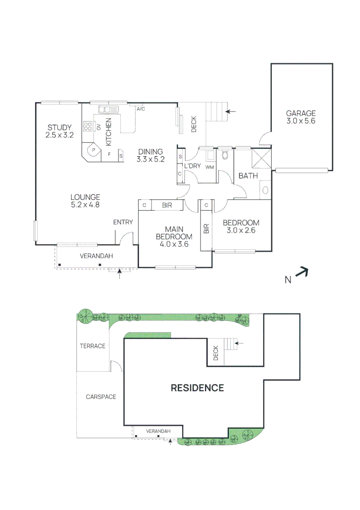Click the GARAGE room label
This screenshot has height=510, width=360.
coord(301,113)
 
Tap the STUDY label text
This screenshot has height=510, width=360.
coord(59,127)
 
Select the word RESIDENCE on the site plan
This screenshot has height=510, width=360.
coord(197,388)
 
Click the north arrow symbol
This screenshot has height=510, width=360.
coord(301,272)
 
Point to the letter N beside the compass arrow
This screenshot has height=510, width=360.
coord(288,280)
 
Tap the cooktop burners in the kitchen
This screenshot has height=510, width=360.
coord(87,126)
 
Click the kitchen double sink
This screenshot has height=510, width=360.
coord(109,109)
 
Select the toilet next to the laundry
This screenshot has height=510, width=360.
coord(225,154)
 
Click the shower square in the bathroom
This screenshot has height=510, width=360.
coord(261,158)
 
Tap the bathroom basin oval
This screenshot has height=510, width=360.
coord(266,190)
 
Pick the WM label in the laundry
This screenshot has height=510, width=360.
coord(209,167)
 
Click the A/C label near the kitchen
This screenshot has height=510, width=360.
coord(141,109)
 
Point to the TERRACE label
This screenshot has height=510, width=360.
coord(92,346)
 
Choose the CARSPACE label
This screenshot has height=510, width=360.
coord(100,397)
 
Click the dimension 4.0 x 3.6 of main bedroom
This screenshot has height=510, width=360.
coord(174,244)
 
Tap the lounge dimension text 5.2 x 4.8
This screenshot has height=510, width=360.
coord(85,204)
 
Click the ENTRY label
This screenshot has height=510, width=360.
coord(123,222)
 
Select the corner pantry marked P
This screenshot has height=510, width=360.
coord(92,150)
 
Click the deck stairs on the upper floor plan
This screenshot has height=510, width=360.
coord(216,111)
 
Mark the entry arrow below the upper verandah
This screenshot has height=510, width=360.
coord(119,273)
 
